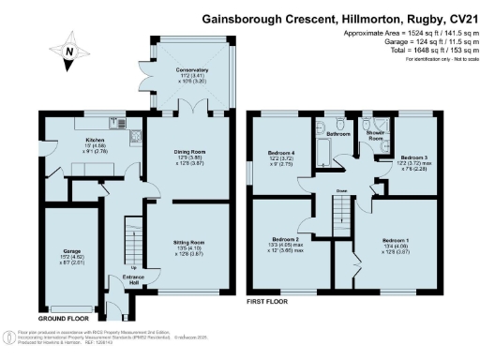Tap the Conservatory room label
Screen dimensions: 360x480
point(190,69)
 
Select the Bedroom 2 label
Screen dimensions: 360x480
point(287,239)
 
